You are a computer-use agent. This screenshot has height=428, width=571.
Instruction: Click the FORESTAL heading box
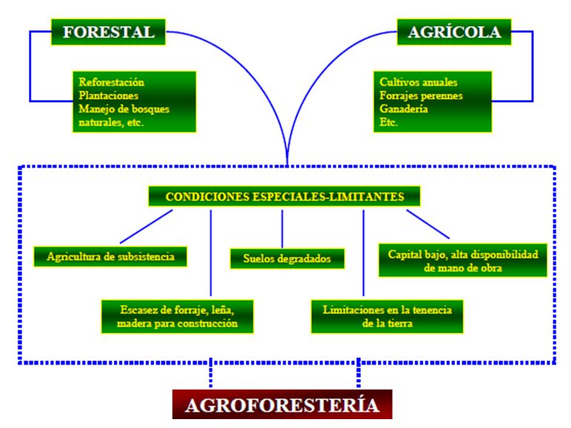[x=108, y=32]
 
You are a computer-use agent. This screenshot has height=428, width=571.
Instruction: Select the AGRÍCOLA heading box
[x=454, y=32]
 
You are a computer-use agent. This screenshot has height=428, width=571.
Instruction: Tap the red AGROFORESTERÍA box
[x=283, y=404]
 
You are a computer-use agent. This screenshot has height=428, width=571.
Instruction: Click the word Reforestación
[x=112, y=82]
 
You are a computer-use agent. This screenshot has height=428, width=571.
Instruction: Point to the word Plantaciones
[x=109, y=96]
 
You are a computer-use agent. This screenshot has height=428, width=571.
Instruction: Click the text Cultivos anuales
[x=419, y=82]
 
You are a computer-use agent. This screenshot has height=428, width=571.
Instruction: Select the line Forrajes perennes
[x=421, y=96]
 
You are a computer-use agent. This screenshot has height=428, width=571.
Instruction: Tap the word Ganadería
[x=404, y=109]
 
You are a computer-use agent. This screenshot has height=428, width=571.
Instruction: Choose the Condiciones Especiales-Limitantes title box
[x=284, y=196]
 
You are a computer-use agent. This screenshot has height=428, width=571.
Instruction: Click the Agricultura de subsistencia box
[x=110, y=257]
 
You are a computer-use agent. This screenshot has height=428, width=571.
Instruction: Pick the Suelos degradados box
[x=287, y=258]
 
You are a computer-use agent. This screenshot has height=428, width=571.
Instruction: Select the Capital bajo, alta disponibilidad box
[x=463, y=261]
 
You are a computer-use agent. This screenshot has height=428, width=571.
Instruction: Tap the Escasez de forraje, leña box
[x=178, y=316]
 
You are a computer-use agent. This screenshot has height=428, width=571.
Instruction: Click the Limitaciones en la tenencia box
[x=387, y=316]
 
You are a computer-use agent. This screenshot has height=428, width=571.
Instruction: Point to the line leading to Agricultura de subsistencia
[x=146, y=227]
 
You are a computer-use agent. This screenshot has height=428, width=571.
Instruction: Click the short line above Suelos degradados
[x=282, y=229]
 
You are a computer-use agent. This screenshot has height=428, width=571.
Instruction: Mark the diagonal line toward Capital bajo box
[x=428, y=224]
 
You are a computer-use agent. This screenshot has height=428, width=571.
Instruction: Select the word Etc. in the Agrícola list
[x=388, y=122]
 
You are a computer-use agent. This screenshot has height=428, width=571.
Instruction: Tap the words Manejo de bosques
[x=124, y=109]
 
